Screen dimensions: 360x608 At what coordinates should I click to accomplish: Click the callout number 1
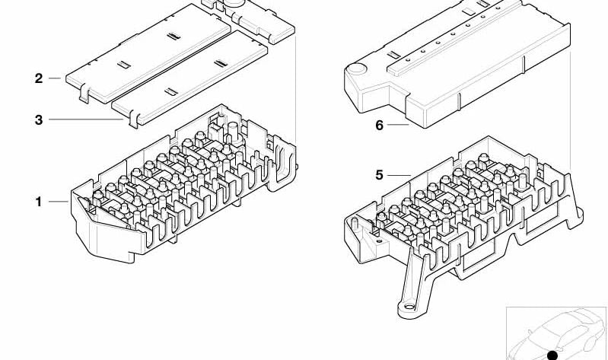[x=38, y=202]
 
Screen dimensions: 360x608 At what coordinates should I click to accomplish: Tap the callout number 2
[x=38, y=78]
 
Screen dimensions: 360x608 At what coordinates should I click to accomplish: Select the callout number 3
[x=38, y=119]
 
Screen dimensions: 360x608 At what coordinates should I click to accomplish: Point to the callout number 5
[x=379, y=175]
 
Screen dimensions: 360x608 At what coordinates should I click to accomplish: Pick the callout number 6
[x=379, y=126]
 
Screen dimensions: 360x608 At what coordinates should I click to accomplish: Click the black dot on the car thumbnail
[x=552, y=355]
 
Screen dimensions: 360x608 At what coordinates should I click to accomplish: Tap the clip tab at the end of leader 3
[x=131, y=119]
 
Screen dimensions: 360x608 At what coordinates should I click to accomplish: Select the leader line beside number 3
[x=88, y=119]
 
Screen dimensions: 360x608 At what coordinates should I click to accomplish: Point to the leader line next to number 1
[x=59, y=202]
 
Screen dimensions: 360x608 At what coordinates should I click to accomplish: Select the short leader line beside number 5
[x=399, y=175]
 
